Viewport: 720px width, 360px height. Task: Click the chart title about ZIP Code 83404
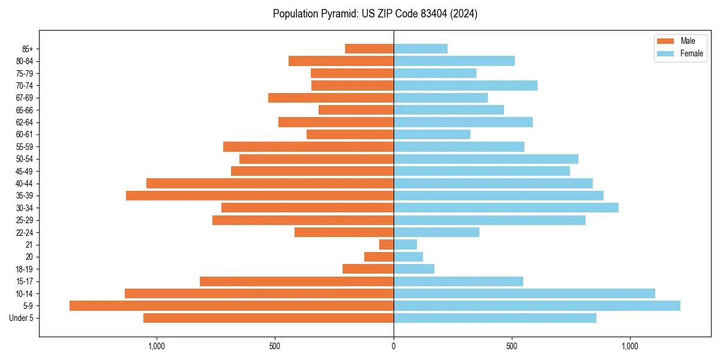[375, 14]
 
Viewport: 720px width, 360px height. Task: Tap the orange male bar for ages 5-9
[232, 305]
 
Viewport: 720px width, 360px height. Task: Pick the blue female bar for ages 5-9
[537, 305]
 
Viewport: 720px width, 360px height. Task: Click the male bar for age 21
[386, 244]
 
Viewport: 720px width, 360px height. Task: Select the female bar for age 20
[408, 257]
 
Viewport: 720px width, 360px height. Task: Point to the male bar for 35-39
[260, 196]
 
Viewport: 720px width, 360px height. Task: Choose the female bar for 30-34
[506, 208]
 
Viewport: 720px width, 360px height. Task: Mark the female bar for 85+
[421, 49]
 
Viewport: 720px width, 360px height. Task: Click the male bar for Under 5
[268, 318]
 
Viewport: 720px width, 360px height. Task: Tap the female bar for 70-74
[466, 85]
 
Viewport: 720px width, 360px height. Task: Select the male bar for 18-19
[368, 269]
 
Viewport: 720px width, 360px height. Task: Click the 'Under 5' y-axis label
[21, 318]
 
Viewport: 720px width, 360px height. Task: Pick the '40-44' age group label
[25, 183]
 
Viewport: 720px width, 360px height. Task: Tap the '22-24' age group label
[25, 232]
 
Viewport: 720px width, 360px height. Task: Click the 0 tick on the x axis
[394, 346]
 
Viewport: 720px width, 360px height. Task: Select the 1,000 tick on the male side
[156, 346]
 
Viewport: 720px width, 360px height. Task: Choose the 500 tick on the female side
[512, 346]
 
